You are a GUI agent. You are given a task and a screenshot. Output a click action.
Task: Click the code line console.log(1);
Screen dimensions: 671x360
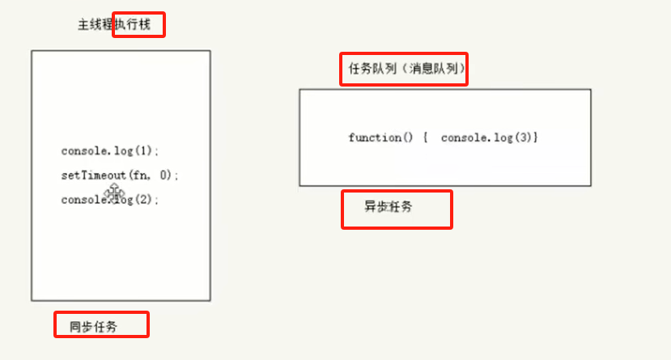point(110,151)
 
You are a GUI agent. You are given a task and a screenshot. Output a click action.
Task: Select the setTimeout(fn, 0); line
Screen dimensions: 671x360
point(119,175)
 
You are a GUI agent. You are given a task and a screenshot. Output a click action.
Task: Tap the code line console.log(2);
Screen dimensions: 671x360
point(110,200)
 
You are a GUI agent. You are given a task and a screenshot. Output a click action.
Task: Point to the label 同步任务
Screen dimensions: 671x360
point(93,327)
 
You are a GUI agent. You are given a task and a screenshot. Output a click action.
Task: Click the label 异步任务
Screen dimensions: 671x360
point(389,207)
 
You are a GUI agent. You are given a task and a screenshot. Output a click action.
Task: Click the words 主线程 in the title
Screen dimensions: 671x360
point(96,25)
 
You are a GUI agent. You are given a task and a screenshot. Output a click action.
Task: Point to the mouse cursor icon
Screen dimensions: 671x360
point(114,193)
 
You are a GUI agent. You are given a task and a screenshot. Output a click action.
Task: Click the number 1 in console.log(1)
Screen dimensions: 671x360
point(143,151)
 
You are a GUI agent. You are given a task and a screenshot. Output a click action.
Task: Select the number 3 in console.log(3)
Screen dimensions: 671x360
point(525,138)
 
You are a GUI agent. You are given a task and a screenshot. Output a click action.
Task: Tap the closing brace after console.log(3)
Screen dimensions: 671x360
point(536,138)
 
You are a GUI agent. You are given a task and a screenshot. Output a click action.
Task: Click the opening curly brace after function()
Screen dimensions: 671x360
point(426,138)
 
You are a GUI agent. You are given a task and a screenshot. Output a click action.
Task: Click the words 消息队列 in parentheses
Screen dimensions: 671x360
point(433,70)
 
